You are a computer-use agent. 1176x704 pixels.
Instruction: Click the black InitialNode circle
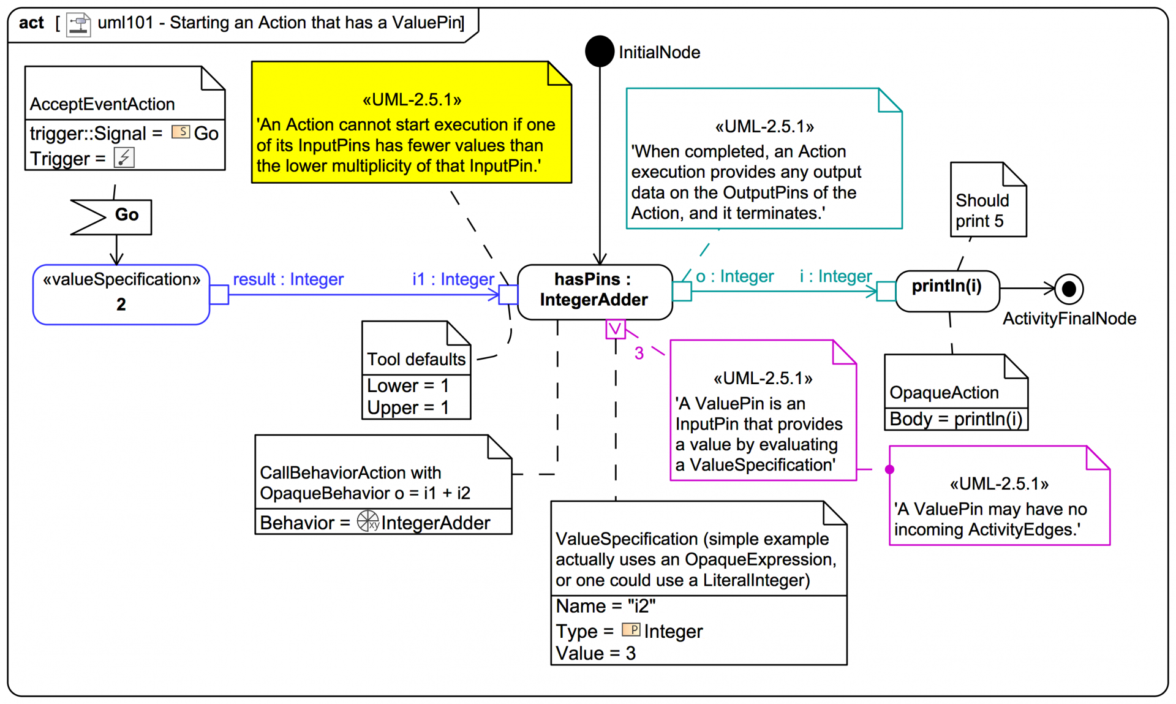click(599, 51)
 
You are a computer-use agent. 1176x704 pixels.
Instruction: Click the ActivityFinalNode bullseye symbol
click(1069, 289)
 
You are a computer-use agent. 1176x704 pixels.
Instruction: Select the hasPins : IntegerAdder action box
click(594, 292)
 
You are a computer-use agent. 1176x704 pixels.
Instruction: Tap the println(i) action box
click(947, 290)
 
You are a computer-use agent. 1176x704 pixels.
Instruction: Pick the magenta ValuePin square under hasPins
click(615, 329)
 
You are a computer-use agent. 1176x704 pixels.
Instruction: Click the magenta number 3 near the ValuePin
click(639, 353)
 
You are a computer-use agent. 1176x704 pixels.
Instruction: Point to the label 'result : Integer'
click(288, 279)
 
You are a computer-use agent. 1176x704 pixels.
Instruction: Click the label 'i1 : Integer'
click(453, 279)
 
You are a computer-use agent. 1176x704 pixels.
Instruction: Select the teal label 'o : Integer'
click(734, 276)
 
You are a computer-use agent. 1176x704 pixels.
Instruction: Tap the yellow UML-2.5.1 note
click(411, 123)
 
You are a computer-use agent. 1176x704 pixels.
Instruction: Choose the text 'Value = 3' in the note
click(595, 653)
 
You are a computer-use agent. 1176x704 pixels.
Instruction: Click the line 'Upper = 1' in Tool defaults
click(407, 407)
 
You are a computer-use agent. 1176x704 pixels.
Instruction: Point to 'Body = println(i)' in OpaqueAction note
click(956, 419)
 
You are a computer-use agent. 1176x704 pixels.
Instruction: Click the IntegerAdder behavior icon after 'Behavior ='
click(368, 521)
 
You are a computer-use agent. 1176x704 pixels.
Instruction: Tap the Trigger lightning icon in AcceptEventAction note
click(124, 157)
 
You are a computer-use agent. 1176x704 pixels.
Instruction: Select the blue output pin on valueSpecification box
click(219, 295)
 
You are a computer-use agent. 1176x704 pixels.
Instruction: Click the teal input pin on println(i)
click(886, 291)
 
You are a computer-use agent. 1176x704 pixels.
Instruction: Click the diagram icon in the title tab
click(78, 25)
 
